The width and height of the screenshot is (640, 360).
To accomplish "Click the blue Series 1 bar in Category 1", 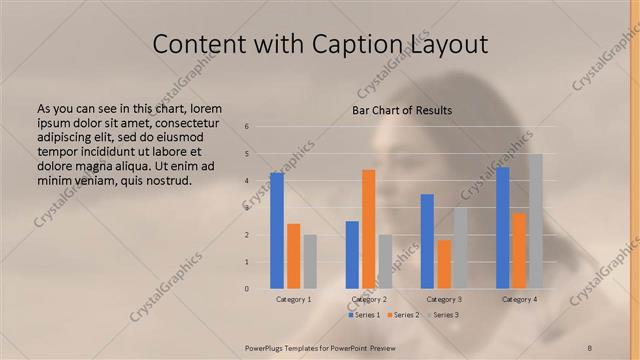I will [x=277, y=231].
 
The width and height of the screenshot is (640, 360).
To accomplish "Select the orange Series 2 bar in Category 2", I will [x=368, y=229].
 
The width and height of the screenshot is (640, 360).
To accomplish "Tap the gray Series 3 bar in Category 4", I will [x=535, y=221].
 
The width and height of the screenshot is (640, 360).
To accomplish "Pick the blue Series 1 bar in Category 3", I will [x=427, y=241].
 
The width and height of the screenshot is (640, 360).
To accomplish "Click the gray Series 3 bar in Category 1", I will [x=310, y=262].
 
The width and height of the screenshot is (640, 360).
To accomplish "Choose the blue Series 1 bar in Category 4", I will [x=502, y=228].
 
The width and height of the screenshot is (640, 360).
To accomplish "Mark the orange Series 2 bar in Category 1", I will [x=293, y=256].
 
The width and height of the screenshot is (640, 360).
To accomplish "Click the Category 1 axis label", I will [x=293, y=299].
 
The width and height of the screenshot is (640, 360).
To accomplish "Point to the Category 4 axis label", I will [x=519, y=299].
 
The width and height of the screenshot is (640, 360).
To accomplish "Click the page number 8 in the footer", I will [x=590, y=347].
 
